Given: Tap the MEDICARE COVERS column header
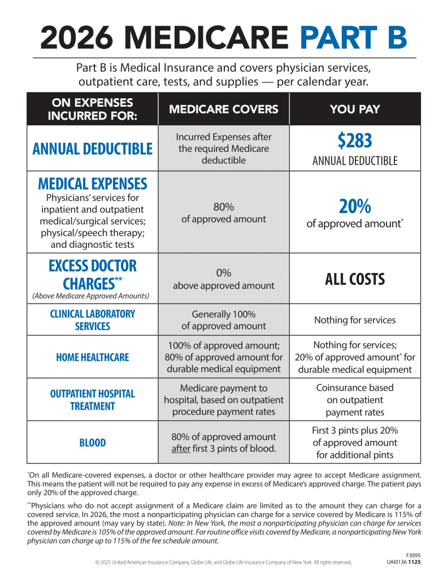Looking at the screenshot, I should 224,109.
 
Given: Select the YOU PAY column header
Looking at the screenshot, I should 355,109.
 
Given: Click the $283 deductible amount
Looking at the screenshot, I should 355,141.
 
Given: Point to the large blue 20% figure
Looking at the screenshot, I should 355,207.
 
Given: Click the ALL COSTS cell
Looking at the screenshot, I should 355,279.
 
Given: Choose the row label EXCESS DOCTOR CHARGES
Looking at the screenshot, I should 92,274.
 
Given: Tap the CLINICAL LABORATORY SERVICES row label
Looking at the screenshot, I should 92,319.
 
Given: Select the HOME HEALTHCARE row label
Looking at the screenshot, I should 92,357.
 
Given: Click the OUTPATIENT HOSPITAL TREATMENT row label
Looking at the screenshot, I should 92,400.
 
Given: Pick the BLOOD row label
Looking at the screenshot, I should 92,443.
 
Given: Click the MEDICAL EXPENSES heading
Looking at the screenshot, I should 92,184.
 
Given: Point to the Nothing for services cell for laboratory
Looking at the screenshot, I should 355,320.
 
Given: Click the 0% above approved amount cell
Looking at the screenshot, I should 224,279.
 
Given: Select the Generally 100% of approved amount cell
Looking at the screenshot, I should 224,320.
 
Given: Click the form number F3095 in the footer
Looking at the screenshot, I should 414,555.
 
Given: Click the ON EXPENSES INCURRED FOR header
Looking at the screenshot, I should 92,109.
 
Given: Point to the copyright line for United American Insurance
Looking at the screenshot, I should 223,562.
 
